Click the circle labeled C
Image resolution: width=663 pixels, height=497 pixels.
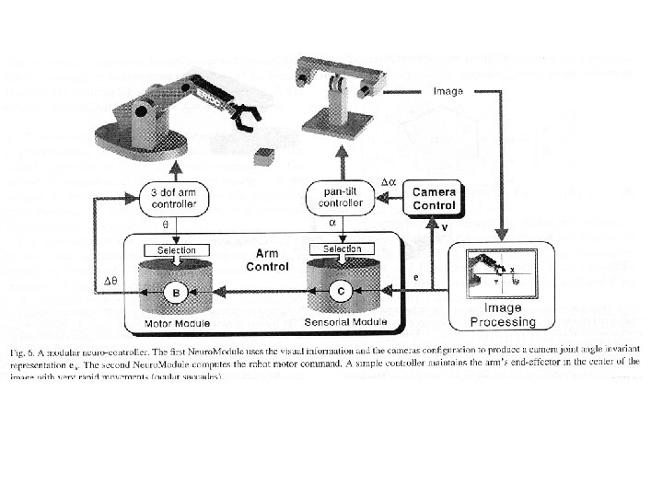tap(341, 292)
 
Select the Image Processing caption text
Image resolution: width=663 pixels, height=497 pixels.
tap(503, 316)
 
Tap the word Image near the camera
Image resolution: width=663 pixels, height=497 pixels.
tap(448, 91)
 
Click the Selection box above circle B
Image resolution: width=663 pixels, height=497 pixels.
tap(176, 249)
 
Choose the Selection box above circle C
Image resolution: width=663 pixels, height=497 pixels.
tap(342, 248)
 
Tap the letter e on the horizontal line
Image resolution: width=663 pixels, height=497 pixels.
tap(415, 275)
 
